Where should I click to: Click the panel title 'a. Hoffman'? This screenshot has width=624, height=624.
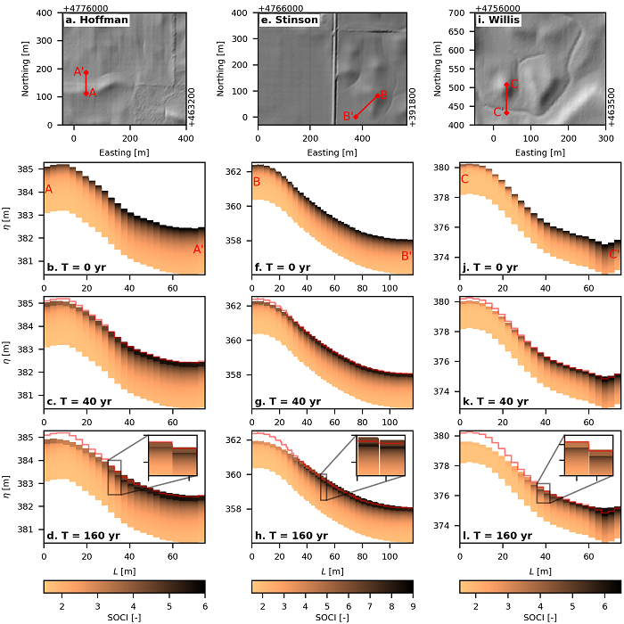(95, 19)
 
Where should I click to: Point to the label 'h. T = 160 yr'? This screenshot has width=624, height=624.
(291, 536)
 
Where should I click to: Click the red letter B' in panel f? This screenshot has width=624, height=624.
(406, 256)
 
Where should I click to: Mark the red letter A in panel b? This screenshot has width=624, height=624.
(49, 189)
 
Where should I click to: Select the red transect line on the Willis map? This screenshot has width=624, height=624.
(506, 98)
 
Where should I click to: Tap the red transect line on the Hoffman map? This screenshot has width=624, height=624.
(86, 83)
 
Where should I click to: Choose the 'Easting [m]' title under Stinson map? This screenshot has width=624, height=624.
(335, 152)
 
